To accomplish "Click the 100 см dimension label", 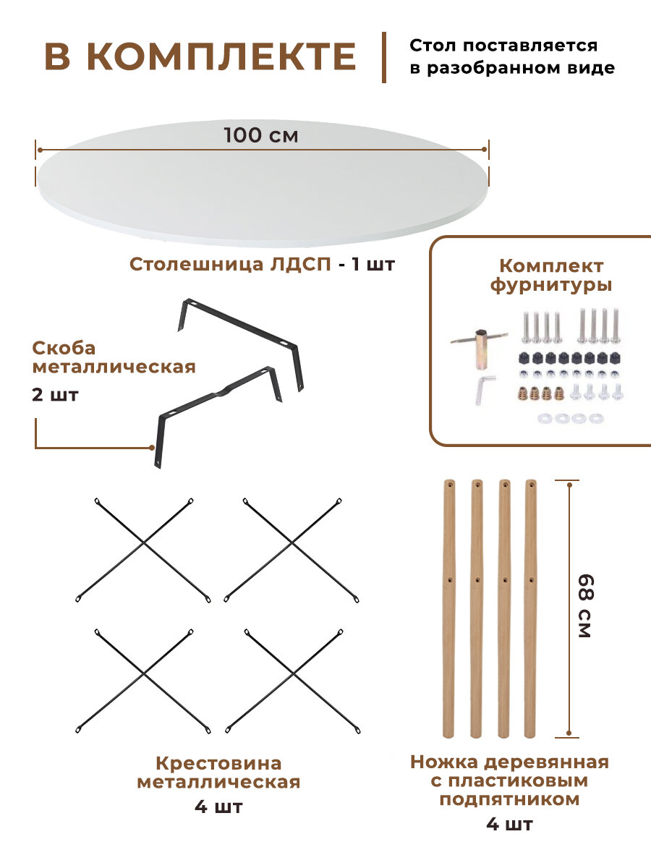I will [260, 135].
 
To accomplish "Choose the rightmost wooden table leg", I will [532, 608].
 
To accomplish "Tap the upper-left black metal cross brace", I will [143, 550].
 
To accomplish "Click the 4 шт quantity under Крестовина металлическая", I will [218, 807].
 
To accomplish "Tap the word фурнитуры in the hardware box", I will [551, 285].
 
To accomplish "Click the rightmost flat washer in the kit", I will [595, 418].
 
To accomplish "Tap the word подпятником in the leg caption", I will [509, 799].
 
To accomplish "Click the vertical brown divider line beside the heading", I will [383, 57].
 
